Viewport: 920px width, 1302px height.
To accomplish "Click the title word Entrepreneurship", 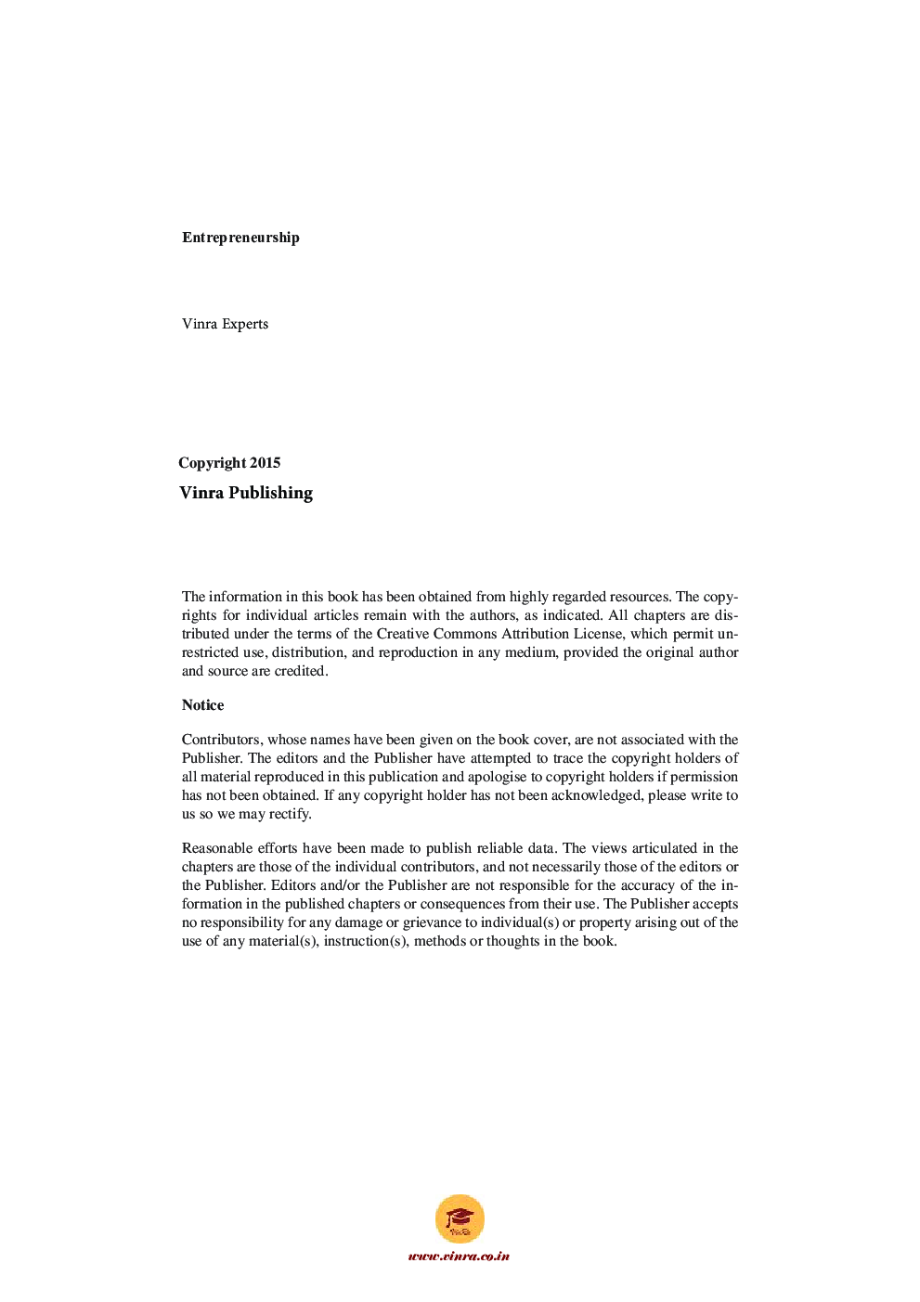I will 240,238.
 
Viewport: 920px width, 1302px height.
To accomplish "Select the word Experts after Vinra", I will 245,324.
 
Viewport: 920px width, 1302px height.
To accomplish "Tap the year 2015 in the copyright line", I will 265,463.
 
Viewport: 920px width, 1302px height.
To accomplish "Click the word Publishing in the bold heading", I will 270,493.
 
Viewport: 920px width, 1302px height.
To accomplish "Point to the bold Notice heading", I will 202,705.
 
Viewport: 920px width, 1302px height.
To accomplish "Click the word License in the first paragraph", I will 598,634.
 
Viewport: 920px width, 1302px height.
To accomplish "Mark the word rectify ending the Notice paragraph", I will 290,814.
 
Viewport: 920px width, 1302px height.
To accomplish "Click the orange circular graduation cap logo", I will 460,1218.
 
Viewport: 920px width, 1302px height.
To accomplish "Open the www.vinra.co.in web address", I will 459,1257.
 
